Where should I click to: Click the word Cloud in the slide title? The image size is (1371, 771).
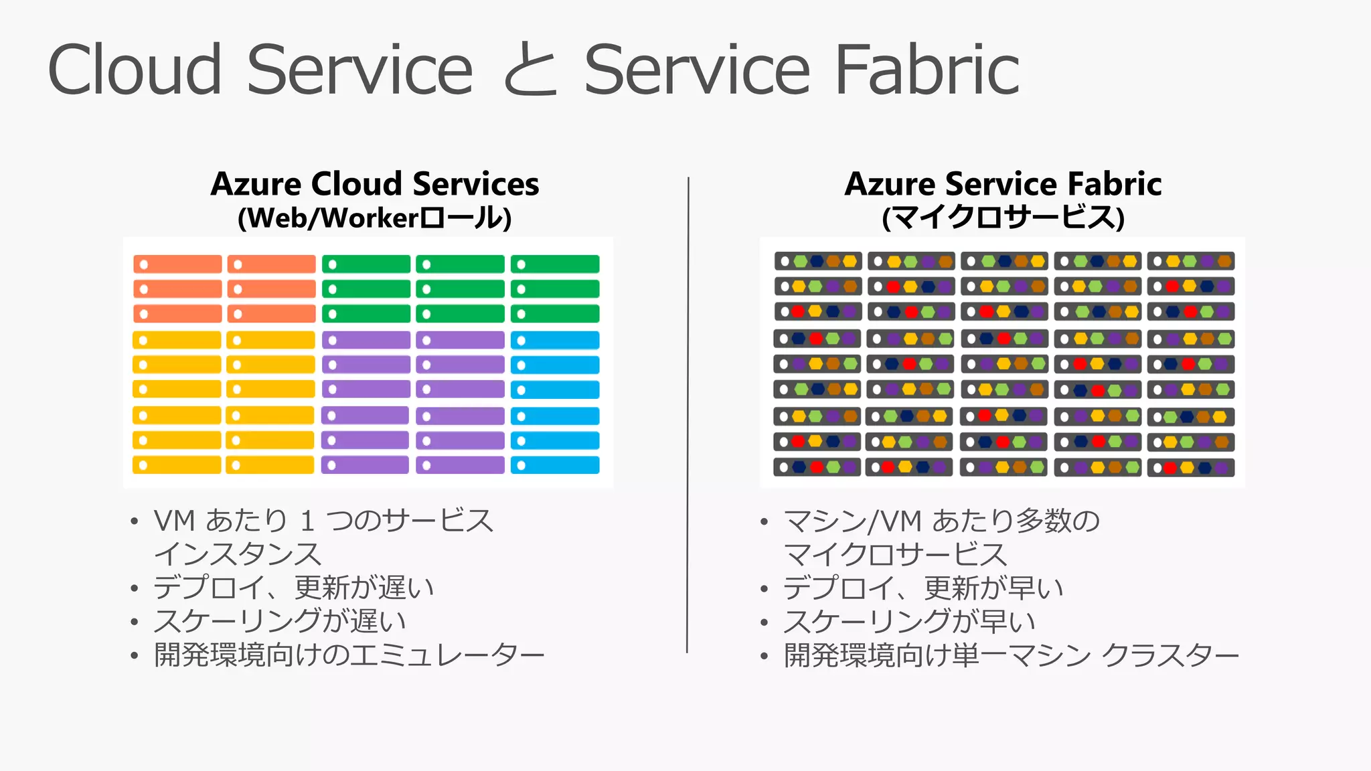click(x=135, y=70)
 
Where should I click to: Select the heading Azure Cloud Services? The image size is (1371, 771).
click(x=375, y=184)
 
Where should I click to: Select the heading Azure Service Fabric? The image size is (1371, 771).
click(x=1003, y=184)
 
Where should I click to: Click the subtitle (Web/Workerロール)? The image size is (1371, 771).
click(x=375, y=218)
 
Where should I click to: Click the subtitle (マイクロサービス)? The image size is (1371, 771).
click(x=1003, y=218)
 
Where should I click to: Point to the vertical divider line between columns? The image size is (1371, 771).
click(x=688, y=415)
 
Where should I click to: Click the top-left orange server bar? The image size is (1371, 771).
click(x=177, y=264)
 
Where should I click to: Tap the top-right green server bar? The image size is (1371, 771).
click(x=555, y=264)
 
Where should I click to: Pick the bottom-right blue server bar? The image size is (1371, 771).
click(x=555, y=465)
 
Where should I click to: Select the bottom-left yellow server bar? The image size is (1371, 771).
click(x=177, y=465)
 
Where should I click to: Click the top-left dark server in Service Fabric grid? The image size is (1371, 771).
click(x=817, y=261)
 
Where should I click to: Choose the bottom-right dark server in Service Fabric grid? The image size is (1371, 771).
click(x=1190, y=468)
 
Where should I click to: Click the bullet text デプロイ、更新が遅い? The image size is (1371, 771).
click(x=294, y=588)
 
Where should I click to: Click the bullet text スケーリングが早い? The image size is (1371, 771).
click(x=909, y=622)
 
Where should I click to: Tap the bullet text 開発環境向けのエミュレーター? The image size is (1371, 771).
click(x=348, y=655)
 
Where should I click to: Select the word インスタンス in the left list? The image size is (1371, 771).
click(x=238, y=555)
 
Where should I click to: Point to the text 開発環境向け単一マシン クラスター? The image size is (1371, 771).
click(x=1011, y=655)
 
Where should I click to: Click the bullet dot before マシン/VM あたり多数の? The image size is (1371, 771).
click(x=764, y=522)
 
